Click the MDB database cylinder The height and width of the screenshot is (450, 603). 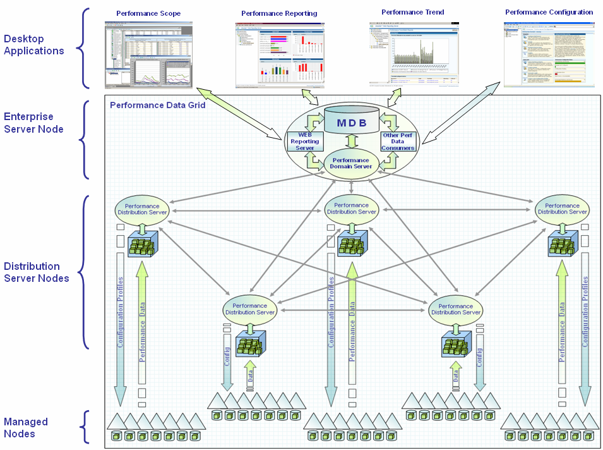[352, 120]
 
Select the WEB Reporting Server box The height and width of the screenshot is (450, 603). [305, 142]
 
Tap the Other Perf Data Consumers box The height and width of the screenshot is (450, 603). [398, 142]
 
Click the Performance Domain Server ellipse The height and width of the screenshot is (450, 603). [352, 164]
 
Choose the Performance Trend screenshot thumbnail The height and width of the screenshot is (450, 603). [414, 54]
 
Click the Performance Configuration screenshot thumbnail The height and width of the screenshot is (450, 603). [549, 54]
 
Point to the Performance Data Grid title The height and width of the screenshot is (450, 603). [158, 105]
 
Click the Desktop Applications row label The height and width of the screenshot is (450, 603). [33, 45]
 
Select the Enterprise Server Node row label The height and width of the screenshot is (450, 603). [33, 123]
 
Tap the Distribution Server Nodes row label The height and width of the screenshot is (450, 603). [37, 272]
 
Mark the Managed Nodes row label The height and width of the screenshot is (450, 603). [26, 427]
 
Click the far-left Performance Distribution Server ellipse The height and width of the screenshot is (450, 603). [141, 209]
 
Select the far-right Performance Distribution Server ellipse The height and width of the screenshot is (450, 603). [562, 209]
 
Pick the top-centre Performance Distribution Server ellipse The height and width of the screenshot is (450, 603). [351, 209]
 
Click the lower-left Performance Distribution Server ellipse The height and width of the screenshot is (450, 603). [250, 308]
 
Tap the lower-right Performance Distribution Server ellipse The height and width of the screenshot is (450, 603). [455, 308]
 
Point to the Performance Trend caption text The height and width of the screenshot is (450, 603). [413, 12]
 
